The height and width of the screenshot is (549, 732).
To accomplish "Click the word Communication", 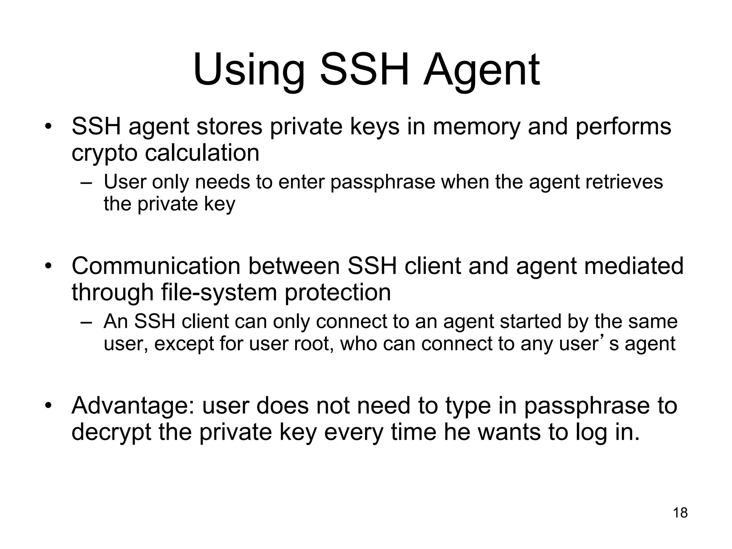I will click(x=156, y=266).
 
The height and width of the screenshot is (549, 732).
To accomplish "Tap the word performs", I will click(x=623, y=127).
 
